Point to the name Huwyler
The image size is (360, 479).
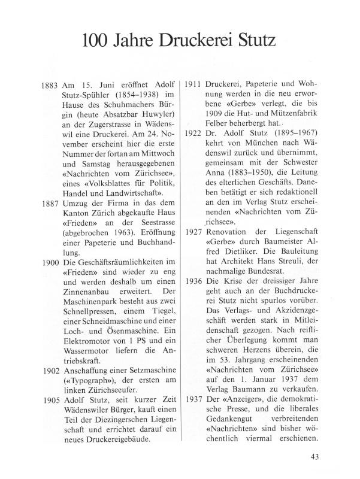155,129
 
